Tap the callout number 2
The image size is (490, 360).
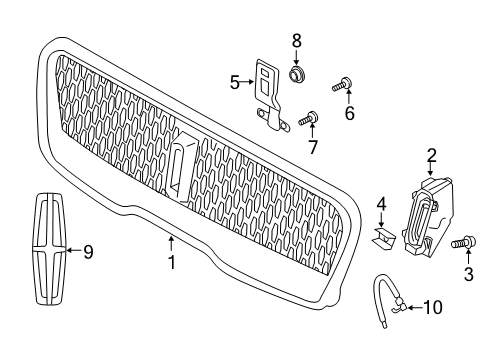click(x=431, y=155)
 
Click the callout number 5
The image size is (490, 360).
click(x=235, y=82)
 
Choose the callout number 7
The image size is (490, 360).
click(x=312, y=147)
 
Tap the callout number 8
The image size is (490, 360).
click(x=295, y=40)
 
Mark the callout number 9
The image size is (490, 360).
click(x=87, y=252)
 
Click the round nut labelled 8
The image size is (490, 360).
click(x=295, y=75)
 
